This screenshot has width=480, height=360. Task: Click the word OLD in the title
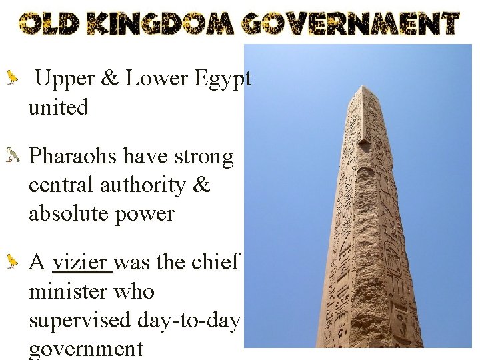[49, 24]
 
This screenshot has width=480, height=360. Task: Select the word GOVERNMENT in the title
[351, 24]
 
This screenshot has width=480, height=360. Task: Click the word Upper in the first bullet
[65, 79]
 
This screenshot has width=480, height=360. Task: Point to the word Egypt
[223, 79]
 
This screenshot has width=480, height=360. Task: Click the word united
[58, 107]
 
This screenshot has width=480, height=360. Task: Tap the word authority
[140, 185]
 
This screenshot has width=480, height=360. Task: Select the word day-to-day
[191, 320]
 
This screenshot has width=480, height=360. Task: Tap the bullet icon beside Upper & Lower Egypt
[11, 79]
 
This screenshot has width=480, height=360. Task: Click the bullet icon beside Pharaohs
[11, 157]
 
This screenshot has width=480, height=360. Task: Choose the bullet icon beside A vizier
[11, 263]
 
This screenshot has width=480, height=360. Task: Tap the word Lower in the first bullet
[157, 79]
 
